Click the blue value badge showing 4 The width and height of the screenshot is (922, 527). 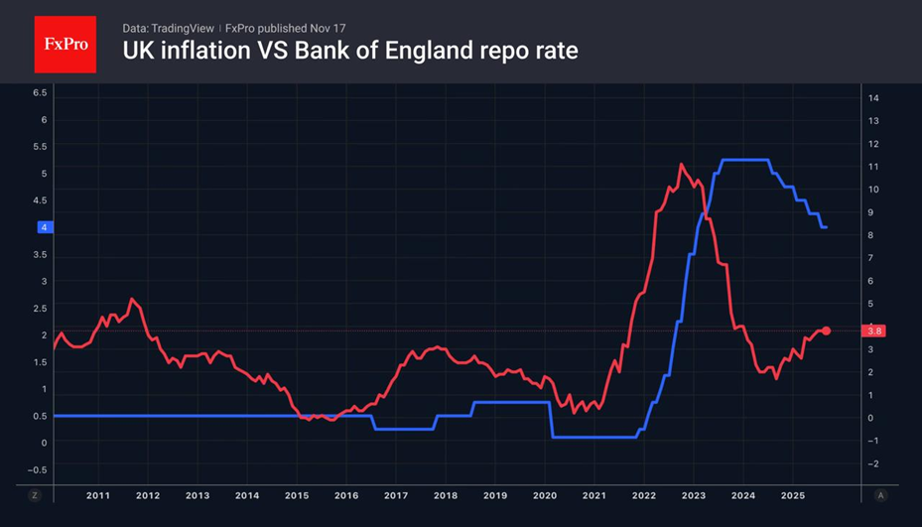click(x=44, y=227)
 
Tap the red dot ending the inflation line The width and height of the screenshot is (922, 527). click(x=827, y=330)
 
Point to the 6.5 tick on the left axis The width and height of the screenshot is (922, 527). click(x=41, y=92)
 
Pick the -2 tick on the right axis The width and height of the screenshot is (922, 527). click(x=874, y=463)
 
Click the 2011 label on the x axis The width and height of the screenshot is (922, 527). click(x=97, y=494)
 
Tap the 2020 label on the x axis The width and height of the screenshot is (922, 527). click(x=545, y=494)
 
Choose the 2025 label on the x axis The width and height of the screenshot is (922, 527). click(x=792, y=494)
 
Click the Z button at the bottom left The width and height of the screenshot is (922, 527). click(x=35, y=494)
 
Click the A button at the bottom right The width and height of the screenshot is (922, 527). click(x=879, y=494)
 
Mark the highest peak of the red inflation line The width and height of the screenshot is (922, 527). click(x=681, y=165)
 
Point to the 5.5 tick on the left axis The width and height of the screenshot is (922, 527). click(x=41, y=146)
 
